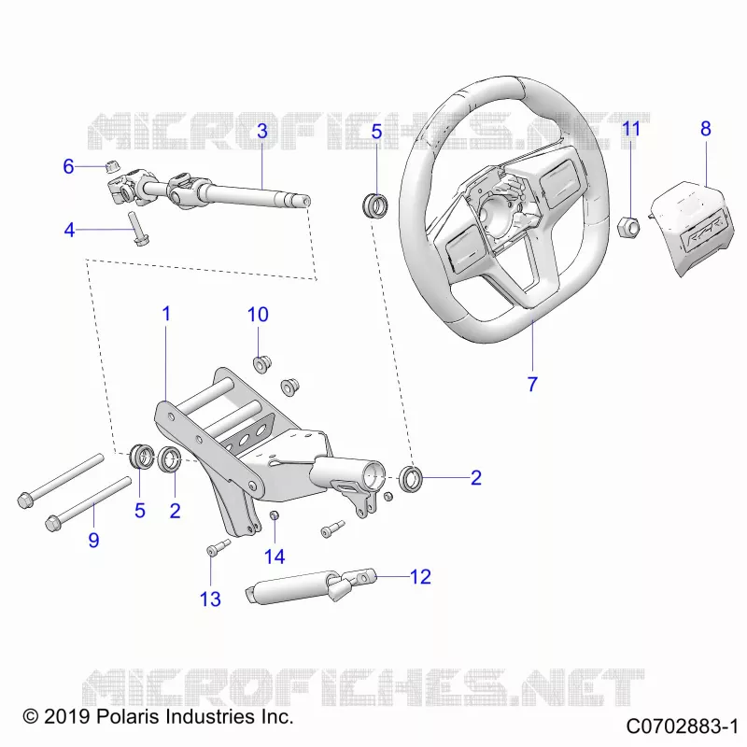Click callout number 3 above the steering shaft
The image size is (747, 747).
point(262,131)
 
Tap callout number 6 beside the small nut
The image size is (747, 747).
point(68,167)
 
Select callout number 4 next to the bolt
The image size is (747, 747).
point(69,230)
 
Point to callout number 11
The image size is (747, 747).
point(631,129)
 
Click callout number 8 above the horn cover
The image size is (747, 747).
point(706,129)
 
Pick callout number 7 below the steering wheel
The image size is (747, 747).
point(532,384)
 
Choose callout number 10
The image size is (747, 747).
point(258,315)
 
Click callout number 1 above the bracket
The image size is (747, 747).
point(166,314)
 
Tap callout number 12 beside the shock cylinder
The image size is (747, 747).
point(420,577)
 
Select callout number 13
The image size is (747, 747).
point(210,599)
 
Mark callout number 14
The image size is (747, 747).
point(275,557)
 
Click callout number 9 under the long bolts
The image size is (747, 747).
point(94,541)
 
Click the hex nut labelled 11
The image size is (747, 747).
point(629,227)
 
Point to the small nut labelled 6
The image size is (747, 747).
point(112,167)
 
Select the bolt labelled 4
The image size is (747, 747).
point(136,229)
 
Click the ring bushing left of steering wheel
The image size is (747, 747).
point(375,205)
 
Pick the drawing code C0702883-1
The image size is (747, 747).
point(682,726)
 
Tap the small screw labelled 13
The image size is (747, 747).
point(218,547)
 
